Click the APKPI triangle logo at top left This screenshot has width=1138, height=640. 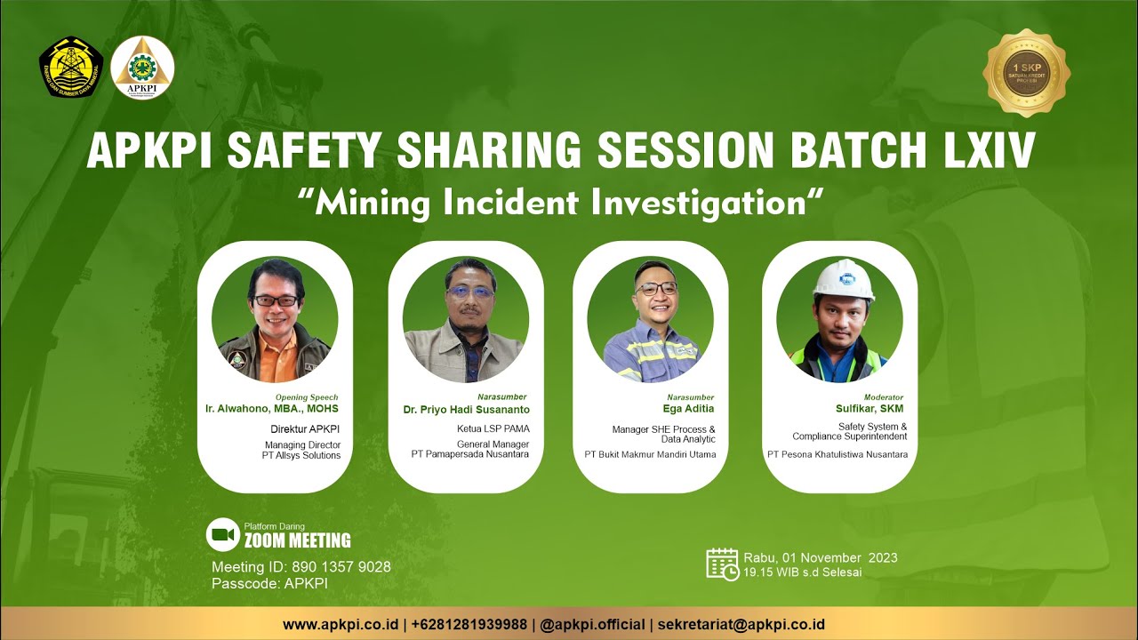(142, 68)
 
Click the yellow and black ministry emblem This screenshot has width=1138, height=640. (71, 68)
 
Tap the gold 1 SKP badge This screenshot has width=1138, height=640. (1025, 73)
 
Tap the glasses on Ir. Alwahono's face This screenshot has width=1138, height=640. (275, 301)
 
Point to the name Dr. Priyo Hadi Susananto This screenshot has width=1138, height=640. (466, 410)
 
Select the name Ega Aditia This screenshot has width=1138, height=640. (689, 409)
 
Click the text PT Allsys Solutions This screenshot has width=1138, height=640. (301, 455)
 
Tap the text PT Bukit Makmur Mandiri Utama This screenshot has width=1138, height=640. (650, 454)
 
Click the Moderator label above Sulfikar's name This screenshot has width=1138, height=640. (884, 397)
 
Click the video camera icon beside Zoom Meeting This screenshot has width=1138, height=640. (223, 534)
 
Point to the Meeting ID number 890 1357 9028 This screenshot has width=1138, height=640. (343, 567)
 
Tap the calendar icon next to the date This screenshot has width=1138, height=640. (722, 564)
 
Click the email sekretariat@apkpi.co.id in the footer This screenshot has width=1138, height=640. (741, 624)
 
